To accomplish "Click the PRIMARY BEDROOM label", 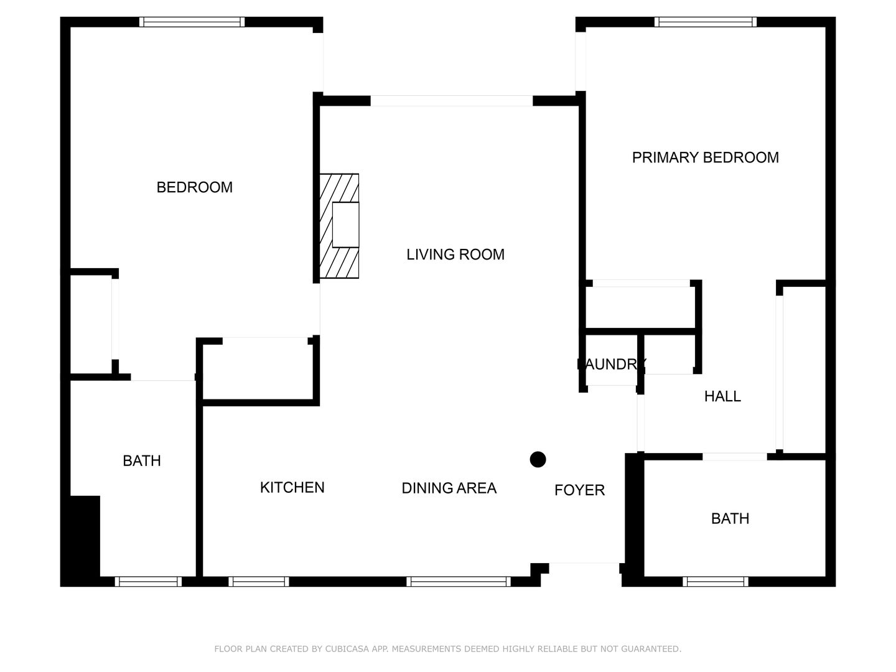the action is tap(705, 157).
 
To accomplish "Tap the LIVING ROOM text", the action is tap(455, 254).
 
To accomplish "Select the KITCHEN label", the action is tap(292, 488).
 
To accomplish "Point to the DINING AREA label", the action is tap(449, 488).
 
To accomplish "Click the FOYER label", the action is tap(579, 490).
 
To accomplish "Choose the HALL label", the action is tap(722, 396).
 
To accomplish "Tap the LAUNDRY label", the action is tap(612, 364).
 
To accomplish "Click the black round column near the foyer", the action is tap(538, 459).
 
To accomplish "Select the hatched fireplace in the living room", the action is tap(339, 226).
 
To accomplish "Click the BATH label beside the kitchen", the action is tap(142, 461).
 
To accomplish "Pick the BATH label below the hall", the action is tap(730, 518).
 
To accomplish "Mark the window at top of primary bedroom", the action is tap(706, 22).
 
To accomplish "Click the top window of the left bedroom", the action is tap(192, 22).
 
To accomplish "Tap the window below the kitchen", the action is tap(258, 581).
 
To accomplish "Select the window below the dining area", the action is tap(459, 581).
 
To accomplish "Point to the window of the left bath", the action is tap(148, 581).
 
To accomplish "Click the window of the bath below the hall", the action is tap(716, 581).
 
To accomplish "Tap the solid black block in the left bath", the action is tap(85, 536).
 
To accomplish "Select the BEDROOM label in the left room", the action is tap(194, 187).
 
